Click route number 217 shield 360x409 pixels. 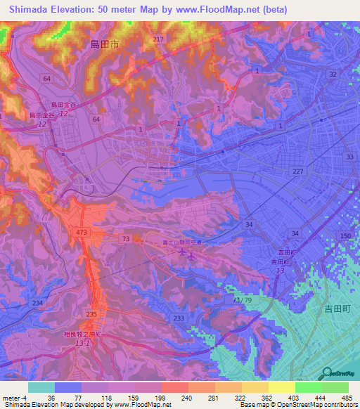pos(157,39)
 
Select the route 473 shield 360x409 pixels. pos(80,231)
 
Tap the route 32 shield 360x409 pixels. pos(333,74)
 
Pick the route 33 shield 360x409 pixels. pos(350,158)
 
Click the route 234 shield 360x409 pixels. pos(37,302)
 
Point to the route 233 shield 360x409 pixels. pos(179,318)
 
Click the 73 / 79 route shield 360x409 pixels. pos(241,300)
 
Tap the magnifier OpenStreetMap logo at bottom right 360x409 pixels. pos(328,375)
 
